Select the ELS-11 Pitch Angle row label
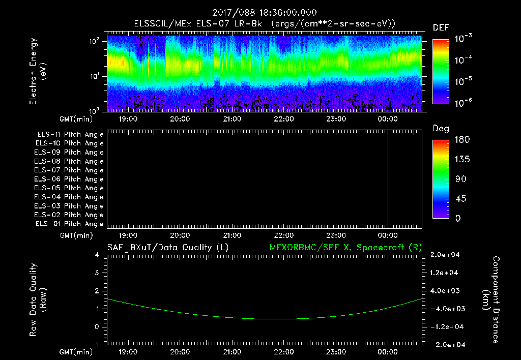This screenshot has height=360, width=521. (x=70, y=134)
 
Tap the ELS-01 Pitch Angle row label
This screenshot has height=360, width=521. (x=70, y=224)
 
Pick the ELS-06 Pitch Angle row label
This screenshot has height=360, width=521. (x=70, y=179)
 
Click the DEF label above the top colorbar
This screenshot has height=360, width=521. (x=441, y=27)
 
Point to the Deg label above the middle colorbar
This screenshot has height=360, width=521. (x=441, y=129)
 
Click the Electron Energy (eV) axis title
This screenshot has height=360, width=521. (x=38, y=71)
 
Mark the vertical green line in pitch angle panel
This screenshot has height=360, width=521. (x=388, y=178)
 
